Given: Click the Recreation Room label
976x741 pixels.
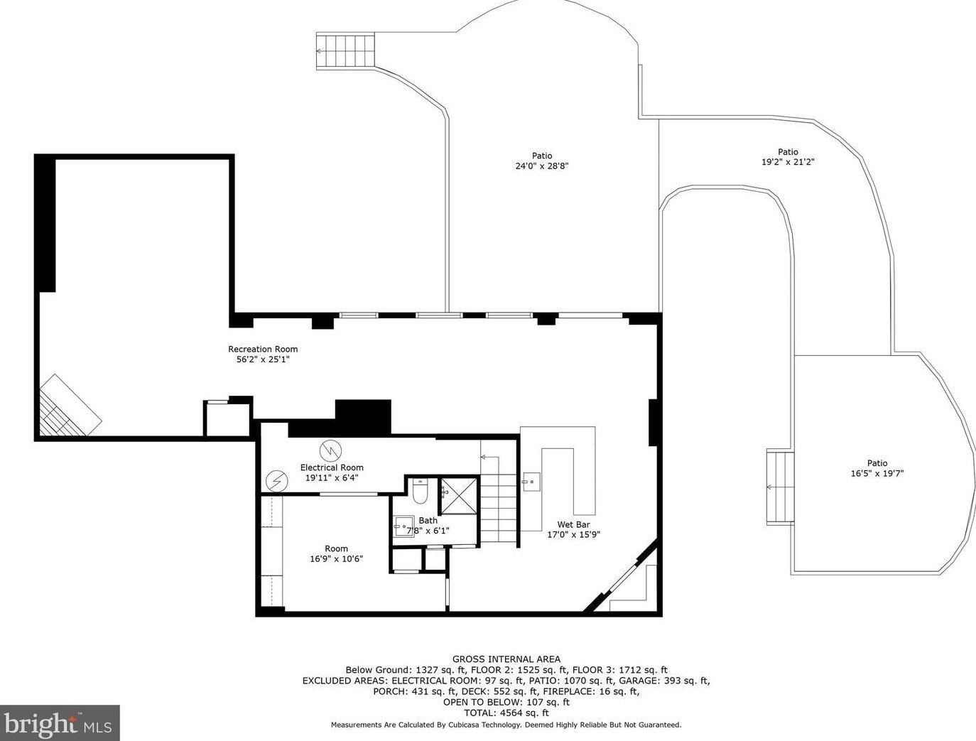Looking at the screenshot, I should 263,349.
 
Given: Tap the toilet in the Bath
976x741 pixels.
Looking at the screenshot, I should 420,492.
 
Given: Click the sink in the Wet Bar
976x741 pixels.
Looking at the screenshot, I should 531,482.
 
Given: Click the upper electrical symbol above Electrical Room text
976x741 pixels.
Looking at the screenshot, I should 330,450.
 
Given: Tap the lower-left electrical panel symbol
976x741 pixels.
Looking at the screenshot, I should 276,482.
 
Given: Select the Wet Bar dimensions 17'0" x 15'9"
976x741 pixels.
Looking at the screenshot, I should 573,535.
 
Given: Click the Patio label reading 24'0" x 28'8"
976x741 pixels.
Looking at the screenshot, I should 542,166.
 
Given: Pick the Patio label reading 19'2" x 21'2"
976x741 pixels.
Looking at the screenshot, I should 788,162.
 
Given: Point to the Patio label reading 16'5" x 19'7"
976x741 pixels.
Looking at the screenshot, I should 877,473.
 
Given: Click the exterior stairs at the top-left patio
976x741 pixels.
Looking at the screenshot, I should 345,51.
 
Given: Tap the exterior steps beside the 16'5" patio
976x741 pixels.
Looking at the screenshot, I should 780,487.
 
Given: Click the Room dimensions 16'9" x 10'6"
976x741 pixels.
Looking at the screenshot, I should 336,559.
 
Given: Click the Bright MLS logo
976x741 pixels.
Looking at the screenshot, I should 60,723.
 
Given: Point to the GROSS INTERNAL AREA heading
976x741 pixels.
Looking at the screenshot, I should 506,659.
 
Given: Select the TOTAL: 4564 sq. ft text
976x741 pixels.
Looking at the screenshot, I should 506,713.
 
